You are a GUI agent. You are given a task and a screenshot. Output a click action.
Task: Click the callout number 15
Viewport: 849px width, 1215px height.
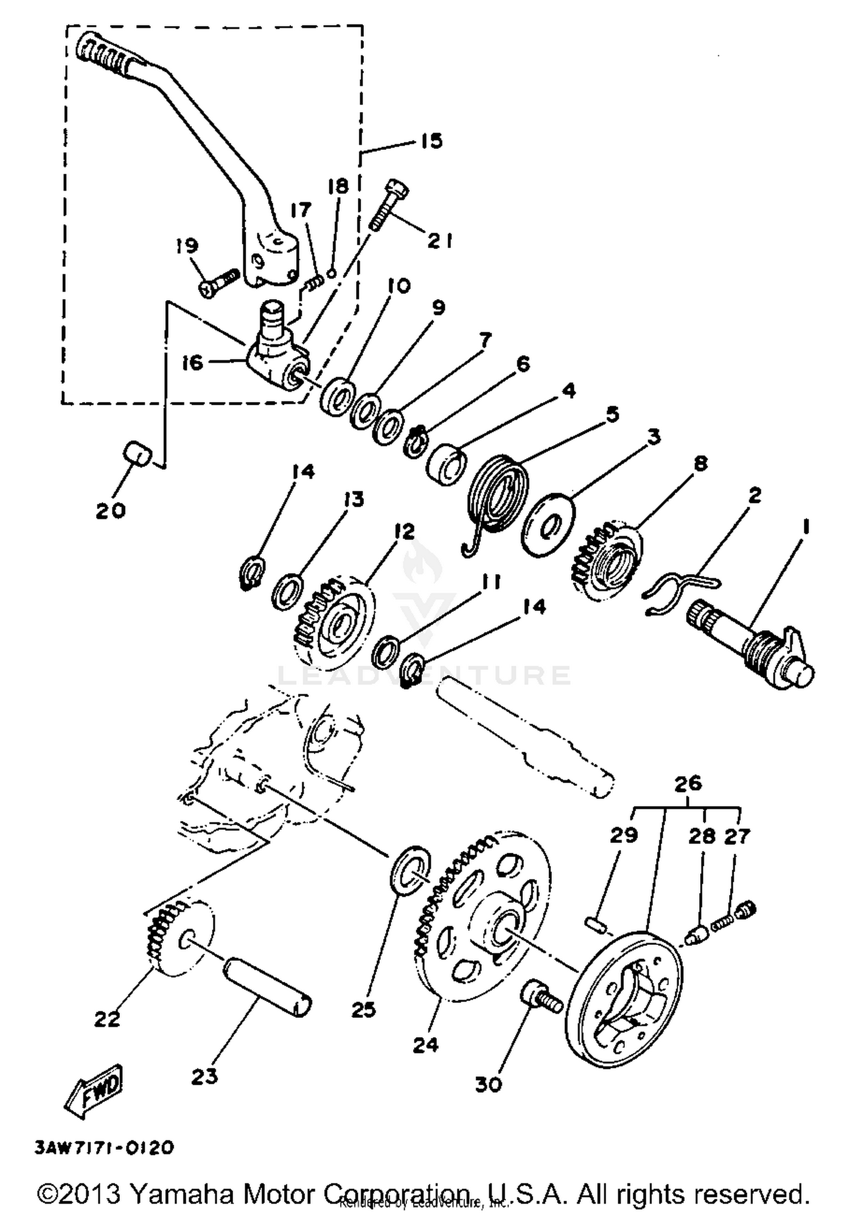(432, 140)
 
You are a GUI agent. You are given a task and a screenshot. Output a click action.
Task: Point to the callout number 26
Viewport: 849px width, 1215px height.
(688, 784)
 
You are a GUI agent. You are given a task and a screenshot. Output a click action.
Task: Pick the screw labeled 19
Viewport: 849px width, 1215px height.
(220, 281)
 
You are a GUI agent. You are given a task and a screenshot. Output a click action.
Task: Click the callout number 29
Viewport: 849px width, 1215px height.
(624, 835)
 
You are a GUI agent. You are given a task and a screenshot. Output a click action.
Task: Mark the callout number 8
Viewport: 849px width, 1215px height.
(700, 464)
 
